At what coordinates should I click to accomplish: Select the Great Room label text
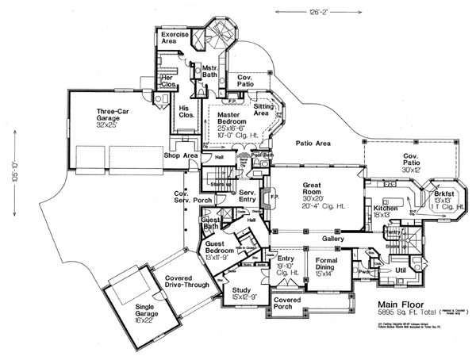point(314,187)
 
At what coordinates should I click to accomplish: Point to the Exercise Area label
point(175,39)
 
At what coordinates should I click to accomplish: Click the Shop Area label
point(181,155)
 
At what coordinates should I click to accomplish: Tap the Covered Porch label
point(288,304)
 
